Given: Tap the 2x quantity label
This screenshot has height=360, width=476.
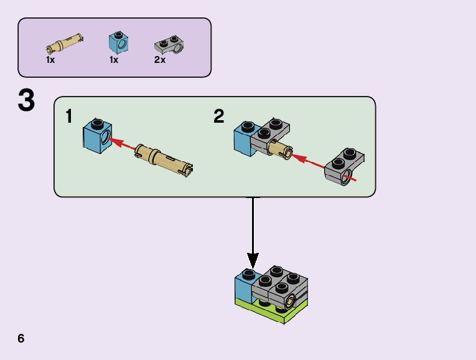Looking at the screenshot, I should click(x=160, y=60).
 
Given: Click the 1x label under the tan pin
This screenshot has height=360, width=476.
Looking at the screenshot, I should click(x=51, y=60).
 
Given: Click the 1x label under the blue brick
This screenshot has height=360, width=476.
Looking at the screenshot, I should click(x=114, y=60).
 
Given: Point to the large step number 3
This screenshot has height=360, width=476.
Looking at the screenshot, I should click(x=26, y=102).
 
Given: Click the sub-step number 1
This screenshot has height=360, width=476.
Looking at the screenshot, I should click(x=70, y=116).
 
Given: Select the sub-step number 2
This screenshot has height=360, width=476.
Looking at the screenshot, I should click(x=218, y=116).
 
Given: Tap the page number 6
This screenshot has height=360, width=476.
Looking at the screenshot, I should click(x=21, y=339).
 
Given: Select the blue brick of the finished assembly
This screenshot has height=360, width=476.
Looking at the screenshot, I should click(x=243, y=288).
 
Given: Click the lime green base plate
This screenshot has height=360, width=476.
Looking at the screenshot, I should click(x=274, y=311).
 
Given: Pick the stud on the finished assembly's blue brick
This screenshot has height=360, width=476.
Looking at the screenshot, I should click(x=248, y=274).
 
